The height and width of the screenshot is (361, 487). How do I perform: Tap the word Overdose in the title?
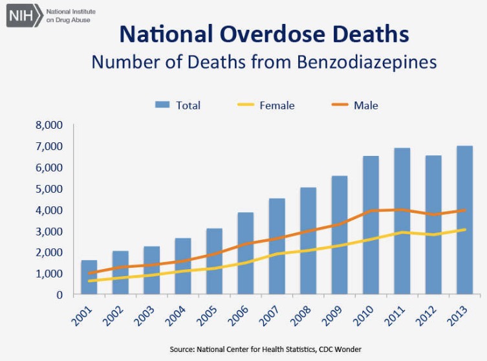tap(264, 33)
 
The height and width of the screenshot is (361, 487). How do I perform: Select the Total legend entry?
tap(179, 105)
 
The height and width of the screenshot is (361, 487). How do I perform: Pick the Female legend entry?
tap(265, 105)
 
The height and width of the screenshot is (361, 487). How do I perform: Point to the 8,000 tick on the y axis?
tap(49, 126)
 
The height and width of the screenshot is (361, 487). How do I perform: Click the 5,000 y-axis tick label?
tap(49, 189)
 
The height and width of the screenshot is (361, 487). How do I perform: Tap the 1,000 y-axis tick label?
tap(49, 274)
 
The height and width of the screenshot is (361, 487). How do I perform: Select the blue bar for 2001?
tap(89, 278)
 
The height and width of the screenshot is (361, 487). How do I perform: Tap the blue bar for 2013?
tap(464, 220)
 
